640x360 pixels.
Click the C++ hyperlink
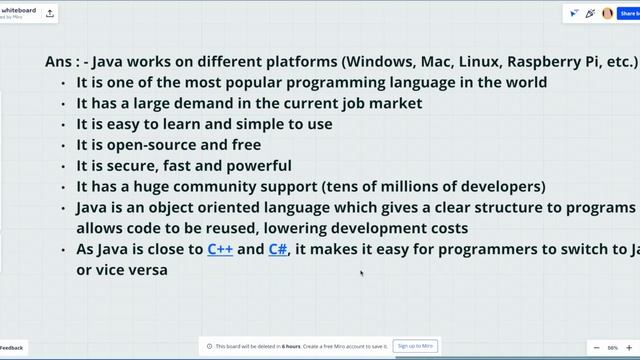[220, 249]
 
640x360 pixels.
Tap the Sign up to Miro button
[414, 346]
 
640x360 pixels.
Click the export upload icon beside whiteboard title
[51, 14]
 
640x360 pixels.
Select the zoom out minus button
[596, 347]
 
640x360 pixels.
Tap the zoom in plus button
[630, 347]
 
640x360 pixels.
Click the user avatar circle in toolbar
[607, 14]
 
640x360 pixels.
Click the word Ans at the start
[58, 61]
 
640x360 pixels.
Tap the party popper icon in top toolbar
[590, 14]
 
